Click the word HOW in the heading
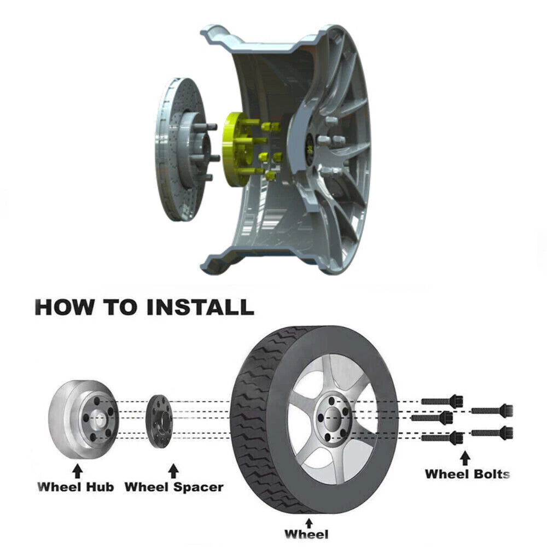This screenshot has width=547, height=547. click(65, 307)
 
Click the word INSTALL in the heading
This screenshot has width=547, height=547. click(200, 307)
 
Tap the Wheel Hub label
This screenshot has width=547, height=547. click(75, 487)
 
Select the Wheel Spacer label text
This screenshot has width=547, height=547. click(174, 487)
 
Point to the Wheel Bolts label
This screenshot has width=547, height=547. click(468, 474)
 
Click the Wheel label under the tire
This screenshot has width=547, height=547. click(306, 534)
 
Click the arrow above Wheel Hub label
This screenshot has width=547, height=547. click(78, 471)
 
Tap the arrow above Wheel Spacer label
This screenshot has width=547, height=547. click(173, 471)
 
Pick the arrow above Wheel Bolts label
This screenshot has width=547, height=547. click(464, 458)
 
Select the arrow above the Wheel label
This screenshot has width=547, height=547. click(309, 523)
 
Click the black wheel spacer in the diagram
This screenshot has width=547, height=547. click(159, 421)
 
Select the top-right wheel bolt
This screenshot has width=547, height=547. click(492, 410)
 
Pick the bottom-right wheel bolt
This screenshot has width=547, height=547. click(492, 432)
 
